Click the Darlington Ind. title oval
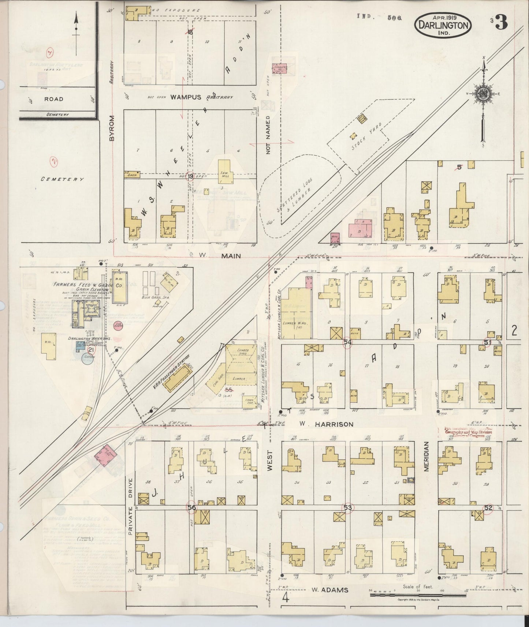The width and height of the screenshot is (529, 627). tap(443, 25)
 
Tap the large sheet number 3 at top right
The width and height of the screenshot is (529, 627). tap(503, 23)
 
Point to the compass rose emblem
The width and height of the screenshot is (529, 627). tap(483, 94)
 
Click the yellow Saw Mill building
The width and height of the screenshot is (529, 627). tap(224, 171)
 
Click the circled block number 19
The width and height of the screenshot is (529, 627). tap(190, 177)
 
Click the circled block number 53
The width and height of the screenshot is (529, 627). tap(347, 507)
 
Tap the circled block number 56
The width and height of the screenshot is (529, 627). tap(191, 507)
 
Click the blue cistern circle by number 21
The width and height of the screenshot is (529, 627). tap(87, 360)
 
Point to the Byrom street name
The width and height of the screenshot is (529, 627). tap(111, 128)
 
